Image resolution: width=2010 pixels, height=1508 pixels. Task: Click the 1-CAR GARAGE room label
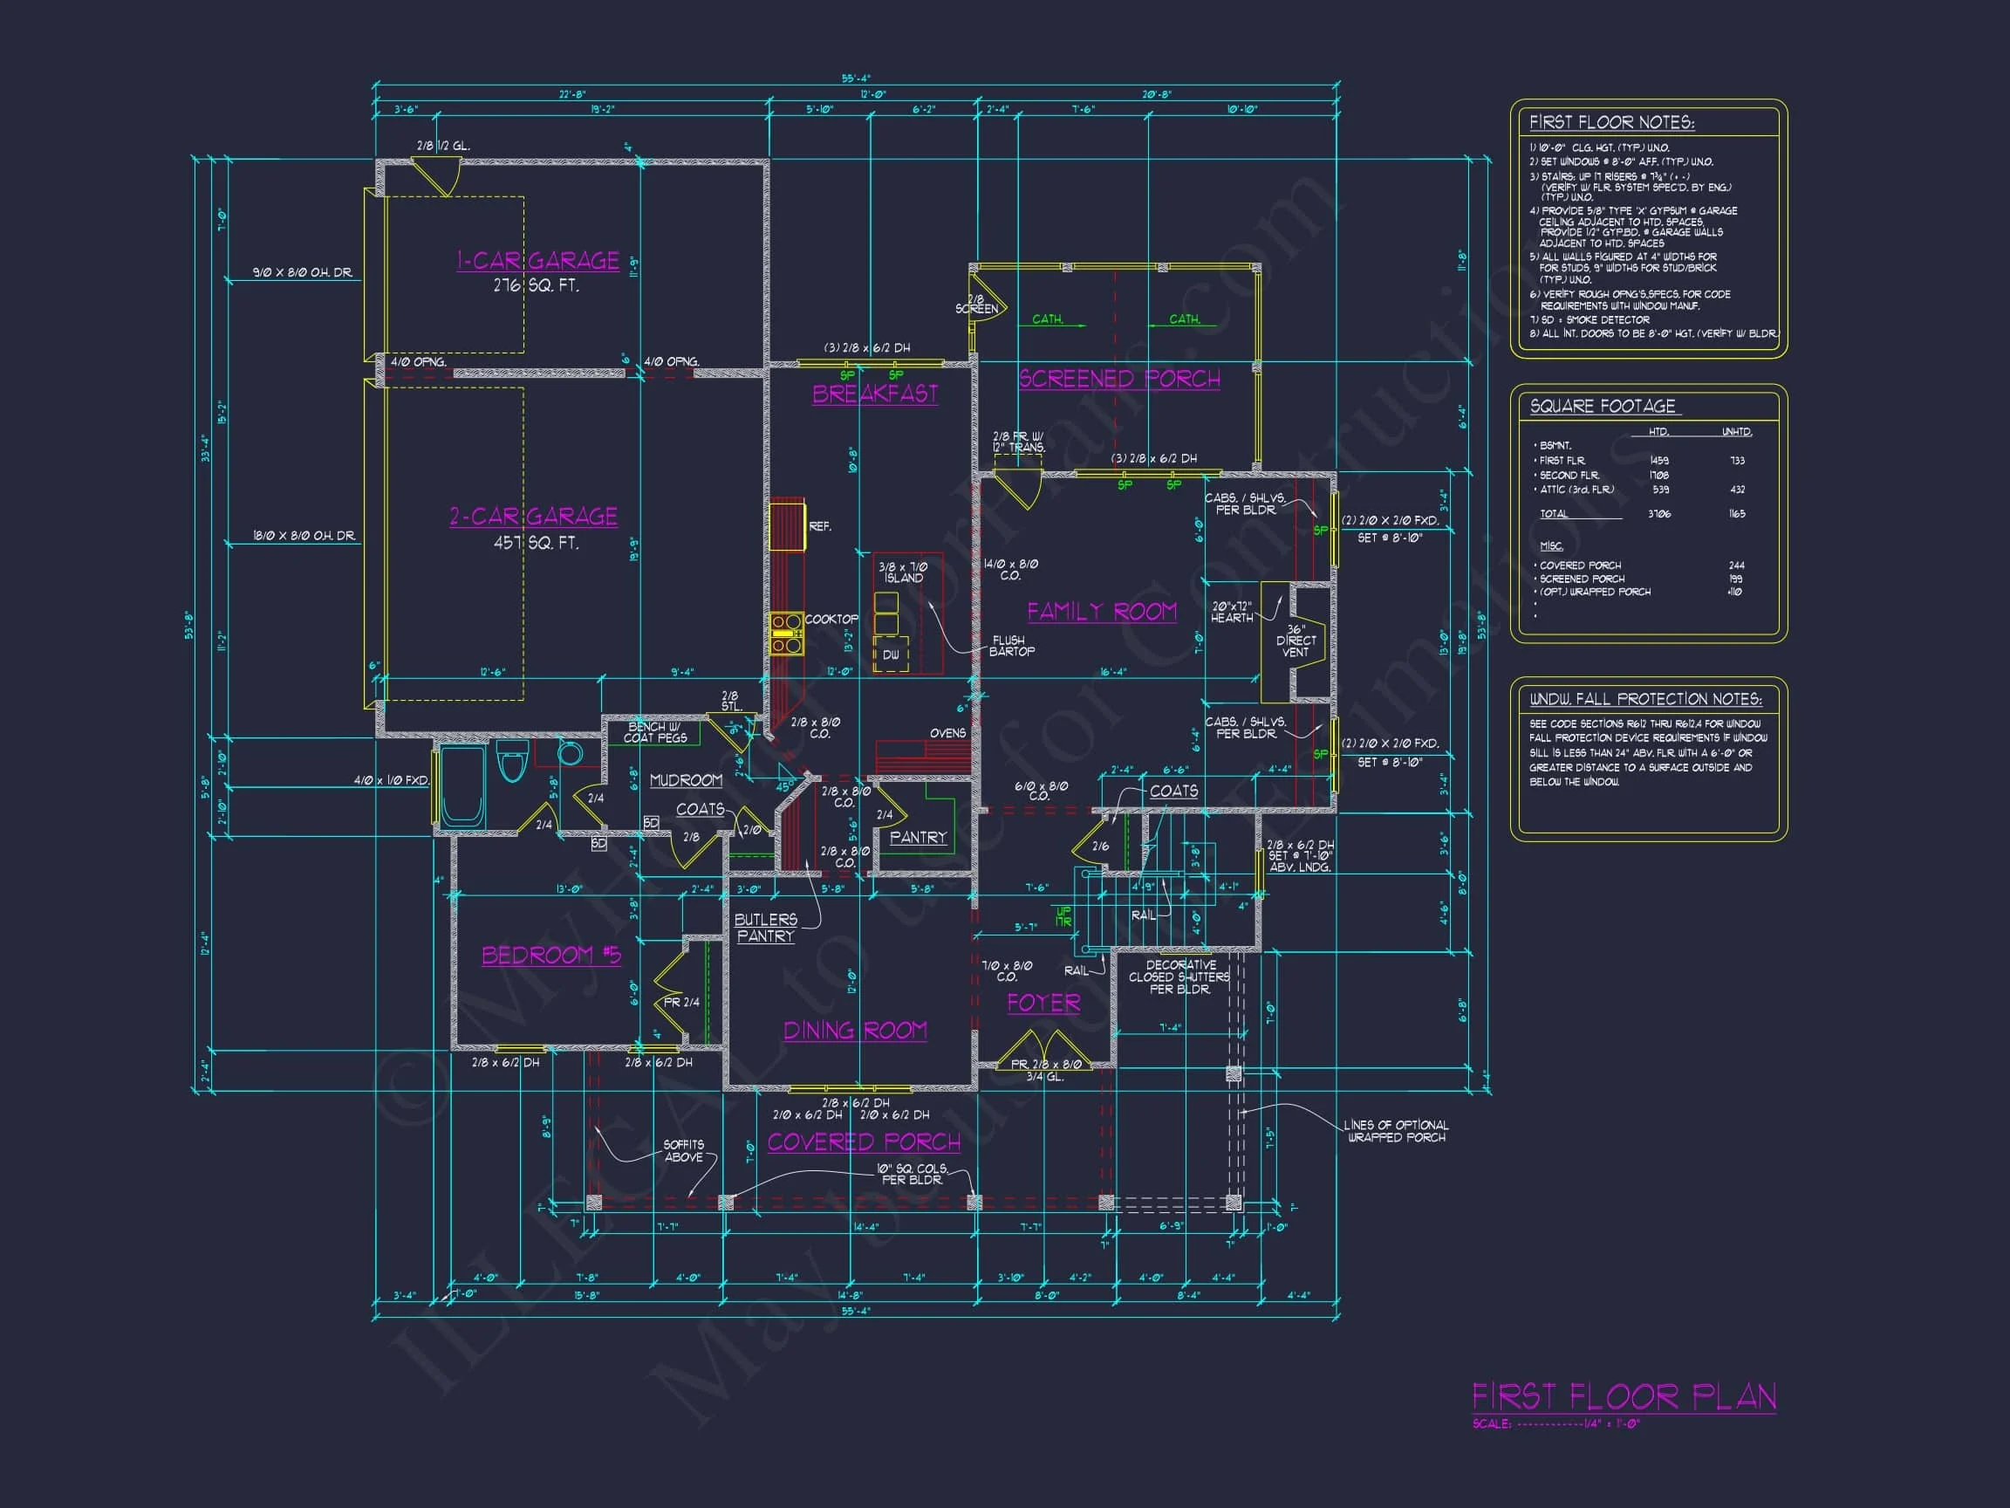pos(537,261)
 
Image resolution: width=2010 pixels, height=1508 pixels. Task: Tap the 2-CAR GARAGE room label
pos(533,517)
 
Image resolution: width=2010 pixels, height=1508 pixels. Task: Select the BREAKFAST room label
pos(875,394)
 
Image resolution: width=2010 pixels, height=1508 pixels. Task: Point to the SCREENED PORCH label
pos(1118,379)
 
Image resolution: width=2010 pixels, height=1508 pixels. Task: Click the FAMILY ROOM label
pos(1101,611)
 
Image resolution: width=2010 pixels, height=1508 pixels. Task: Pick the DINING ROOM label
pos(855,1030)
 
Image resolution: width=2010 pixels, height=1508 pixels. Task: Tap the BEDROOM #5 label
pos(551,956)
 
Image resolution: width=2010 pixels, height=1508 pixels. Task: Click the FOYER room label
pos(1043,1003)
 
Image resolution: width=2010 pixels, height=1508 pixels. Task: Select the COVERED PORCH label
pos(864,1141)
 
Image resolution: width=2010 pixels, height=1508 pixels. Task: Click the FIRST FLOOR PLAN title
pos(1624,1396)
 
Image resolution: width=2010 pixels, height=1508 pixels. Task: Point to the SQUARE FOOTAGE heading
pos(1602,407)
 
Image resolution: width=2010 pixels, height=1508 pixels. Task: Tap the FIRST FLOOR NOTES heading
pos(1611,123)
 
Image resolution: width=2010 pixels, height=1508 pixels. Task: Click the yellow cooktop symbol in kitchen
pos(787,634)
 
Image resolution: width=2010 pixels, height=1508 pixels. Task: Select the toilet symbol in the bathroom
pos(512,762)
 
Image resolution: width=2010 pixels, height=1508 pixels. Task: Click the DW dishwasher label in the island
pos(891,655)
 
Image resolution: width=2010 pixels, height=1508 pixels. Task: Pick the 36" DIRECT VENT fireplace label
pos(1296,640)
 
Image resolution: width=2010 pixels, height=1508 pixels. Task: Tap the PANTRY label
pos(918,837)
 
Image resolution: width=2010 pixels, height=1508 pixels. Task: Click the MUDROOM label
pos(686,780)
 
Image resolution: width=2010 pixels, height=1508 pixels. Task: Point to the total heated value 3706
pos(1659,513)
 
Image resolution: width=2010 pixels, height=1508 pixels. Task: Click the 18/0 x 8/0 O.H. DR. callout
pos(304,535)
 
